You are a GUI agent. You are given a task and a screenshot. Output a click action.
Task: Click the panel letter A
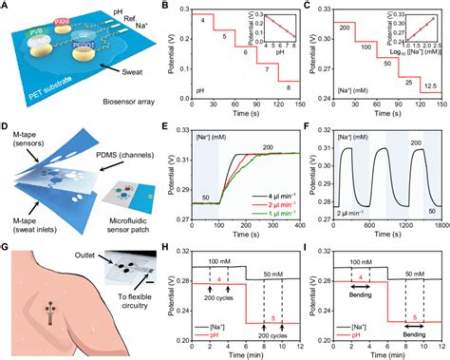(8, 7)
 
